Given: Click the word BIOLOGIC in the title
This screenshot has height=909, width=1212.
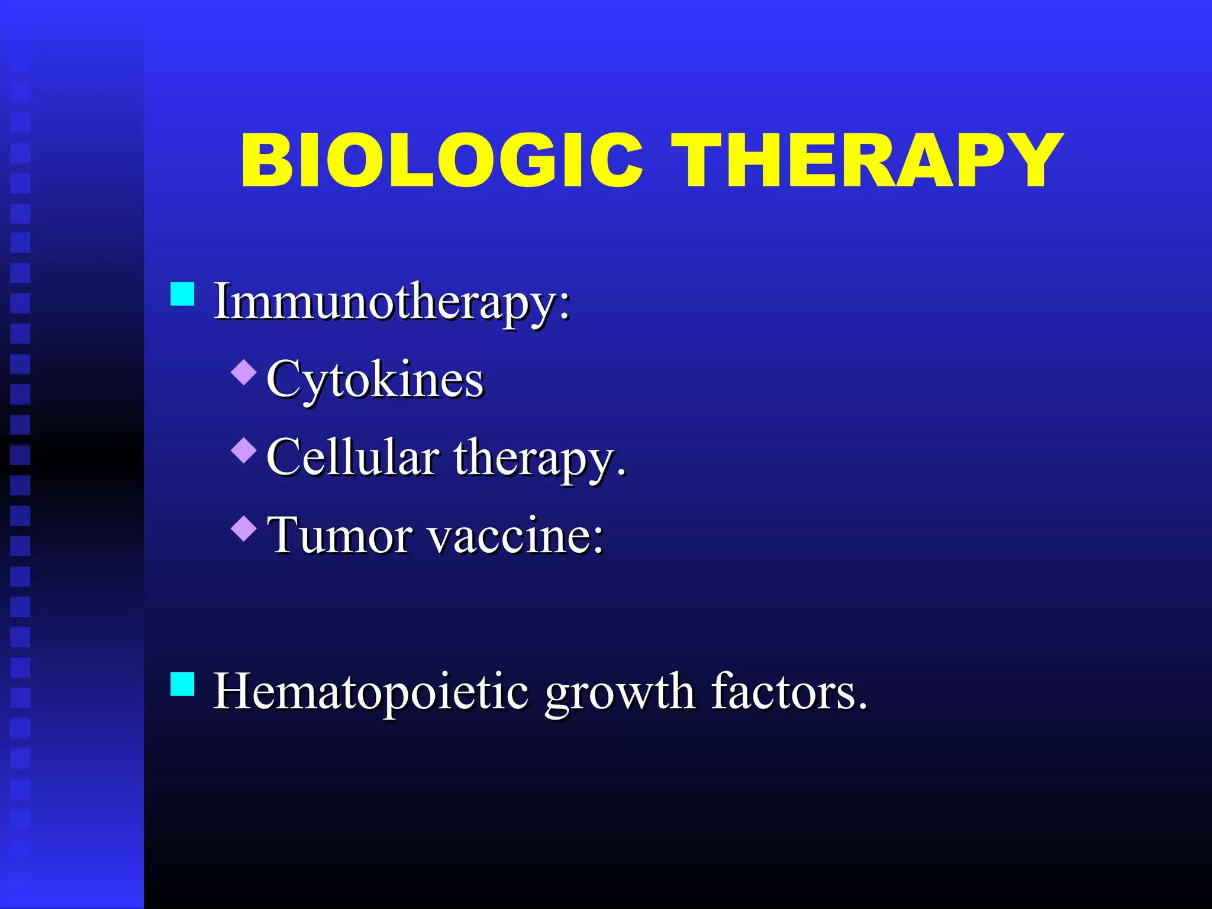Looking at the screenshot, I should [441, 160].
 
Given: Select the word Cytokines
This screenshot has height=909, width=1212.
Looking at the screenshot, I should [375, 379].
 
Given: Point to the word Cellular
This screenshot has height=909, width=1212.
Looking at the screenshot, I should [353, 457].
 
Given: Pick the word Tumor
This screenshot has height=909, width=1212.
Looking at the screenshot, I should [340, 536].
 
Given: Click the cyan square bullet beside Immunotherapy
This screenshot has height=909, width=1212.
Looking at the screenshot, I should [182, 294].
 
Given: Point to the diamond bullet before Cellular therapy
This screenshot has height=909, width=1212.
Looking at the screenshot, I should [244, 450].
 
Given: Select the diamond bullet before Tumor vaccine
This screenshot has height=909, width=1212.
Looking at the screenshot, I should [244, 528].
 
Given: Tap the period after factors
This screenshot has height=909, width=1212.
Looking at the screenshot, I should [862, 705].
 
